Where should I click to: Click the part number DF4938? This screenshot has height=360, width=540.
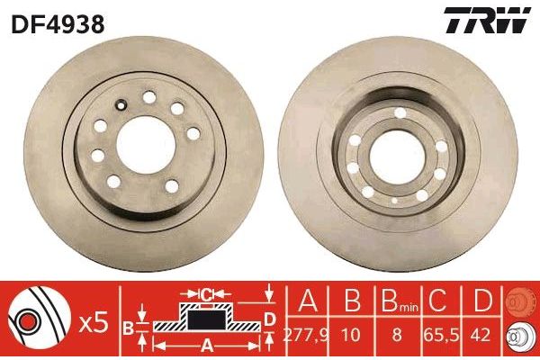[x=58, y=24]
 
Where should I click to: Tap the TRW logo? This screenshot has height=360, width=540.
[x=487, y=21]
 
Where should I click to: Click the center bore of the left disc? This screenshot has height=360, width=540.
[x=146, y=145]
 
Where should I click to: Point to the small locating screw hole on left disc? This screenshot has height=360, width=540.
[x=121, y=104]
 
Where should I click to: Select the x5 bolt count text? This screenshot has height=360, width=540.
[x=94, y=324]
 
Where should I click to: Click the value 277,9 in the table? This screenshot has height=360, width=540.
[x=306, y=335]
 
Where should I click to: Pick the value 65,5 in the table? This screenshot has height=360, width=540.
[x=441, y=335]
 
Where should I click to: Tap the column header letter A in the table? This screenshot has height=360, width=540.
[x=308, y=300]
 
